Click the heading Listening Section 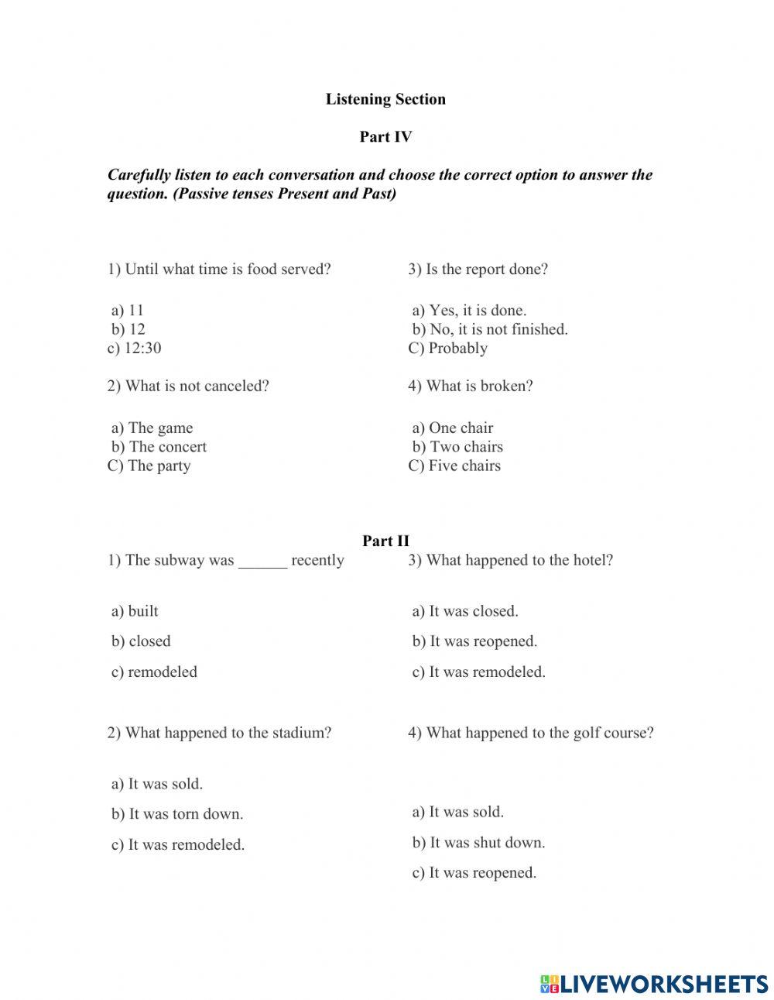[x=385, y=99]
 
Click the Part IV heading [x=385, y=137]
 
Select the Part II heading [x=385, y=541]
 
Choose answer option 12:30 [x=135, y=348]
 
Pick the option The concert [x=159, y=447]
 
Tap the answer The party [x=149, y=466]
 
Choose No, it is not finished [x=490, y=329]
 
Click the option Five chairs [x=454, y=466]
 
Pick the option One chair [x=453, y=428]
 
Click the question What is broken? [x=471, y=386]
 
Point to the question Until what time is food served [x=219, y=270]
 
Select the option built [x=135, y=611]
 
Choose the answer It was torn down [x=177, y=814]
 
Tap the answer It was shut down [x=478, y=843]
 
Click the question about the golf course [x=531, y=733]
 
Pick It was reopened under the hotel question [x=474, y=641]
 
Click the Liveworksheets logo [x=654, y=984]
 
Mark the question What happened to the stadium [x=219, y=733]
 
